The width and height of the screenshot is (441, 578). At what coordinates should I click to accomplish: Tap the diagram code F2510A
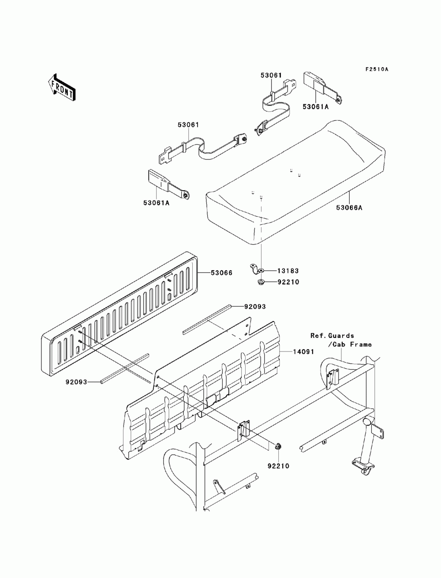tap(376, 69)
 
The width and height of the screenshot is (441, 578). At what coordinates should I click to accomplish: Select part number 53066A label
tap(350, 208)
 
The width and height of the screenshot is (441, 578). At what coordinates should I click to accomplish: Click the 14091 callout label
tap(304, 351)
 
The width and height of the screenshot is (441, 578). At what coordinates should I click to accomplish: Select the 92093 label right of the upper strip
tap(255, 306)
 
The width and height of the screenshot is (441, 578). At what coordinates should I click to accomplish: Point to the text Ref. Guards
tap(332, 336)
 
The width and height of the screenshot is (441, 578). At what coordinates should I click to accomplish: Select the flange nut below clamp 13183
tap(261, 282)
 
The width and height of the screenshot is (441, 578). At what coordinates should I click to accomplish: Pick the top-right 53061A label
tap(328, 106)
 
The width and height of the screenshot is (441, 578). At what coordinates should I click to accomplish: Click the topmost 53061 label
tap(271, 76)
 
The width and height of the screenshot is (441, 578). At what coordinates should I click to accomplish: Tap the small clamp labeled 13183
tap(256, 268)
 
